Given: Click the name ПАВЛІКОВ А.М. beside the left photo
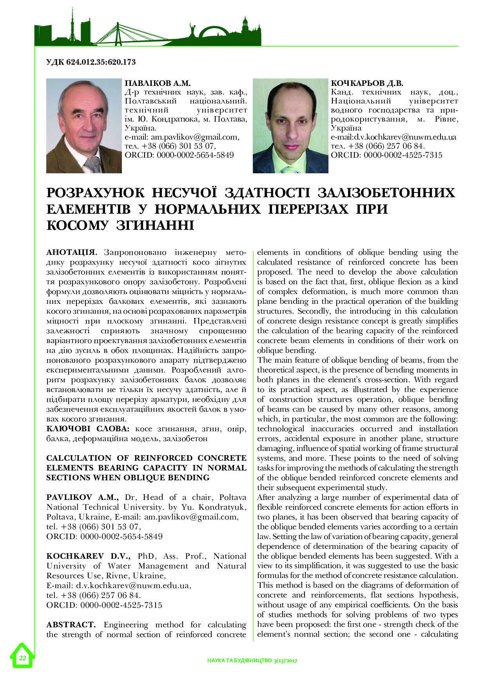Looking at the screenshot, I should tap(157, 83).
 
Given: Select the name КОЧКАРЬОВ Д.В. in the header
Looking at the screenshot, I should tap(367, 83).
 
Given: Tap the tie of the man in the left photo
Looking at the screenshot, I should tap(93, 165).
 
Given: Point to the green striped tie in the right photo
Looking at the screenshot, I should tap(290, 169).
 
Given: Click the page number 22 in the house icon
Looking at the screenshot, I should tap(22, 658).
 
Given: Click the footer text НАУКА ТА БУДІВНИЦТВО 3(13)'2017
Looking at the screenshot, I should tap(252, 661).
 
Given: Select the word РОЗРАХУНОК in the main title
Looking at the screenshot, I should tap(95, 193).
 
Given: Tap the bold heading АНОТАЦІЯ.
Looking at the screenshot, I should tap(71, 252).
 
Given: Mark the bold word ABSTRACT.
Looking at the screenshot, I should tap(71, 625).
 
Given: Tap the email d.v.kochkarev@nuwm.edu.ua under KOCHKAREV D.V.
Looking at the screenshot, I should tap(133, 585).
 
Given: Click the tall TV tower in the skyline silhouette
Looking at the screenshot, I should tap(73, 24).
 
